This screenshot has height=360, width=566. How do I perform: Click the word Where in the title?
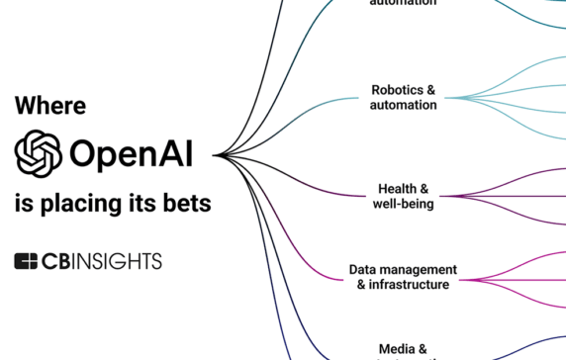tap(50, 106)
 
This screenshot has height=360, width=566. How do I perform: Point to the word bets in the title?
tap(188, 205)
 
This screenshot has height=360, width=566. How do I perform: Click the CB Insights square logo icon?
tap(26, 261)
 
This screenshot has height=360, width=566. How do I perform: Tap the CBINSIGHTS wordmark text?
tap(102, 261)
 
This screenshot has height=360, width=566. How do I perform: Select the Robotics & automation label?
tap(403, 97)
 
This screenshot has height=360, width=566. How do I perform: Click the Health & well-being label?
tap(403, 196)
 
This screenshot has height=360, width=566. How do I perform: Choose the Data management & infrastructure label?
tap(403, 277)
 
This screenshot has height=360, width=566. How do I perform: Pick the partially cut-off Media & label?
tap(403, 349)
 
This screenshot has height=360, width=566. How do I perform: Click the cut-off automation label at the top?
tap(403, 3)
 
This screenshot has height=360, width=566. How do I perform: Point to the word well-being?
tap(403, 204)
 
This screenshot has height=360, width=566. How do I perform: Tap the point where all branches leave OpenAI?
tap(215, 155)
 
